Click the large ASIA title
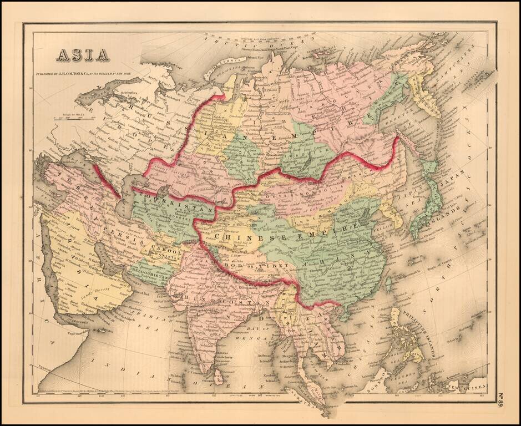click(82, 54)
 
